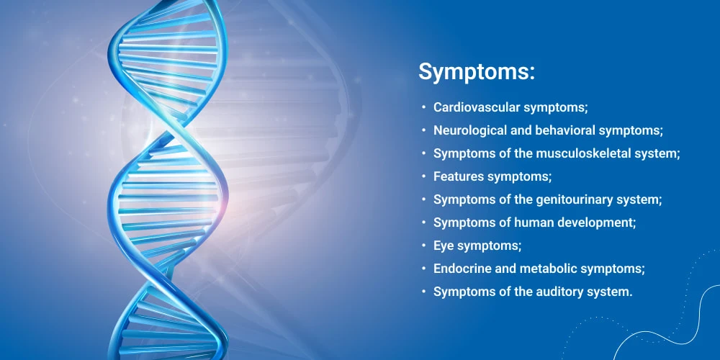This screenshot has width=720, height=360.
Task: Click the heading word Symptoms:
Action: pos(477,73)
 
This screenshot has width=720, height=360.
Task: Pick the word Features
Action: pos(459,176)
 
